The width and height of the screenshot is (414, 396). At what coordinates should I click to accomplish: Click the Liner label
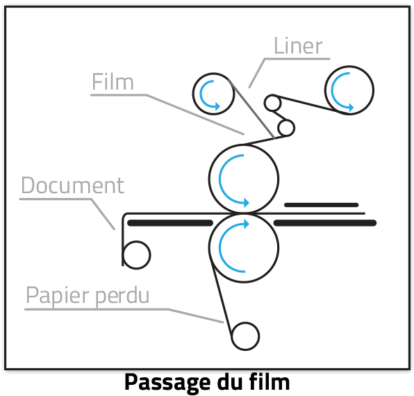(x=298, y=46)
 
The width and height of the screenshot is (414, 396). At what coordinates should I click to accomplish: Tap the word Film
(x=113, y=82)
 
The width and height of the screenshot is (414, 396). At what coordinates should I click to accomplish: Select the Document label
(x=73, y=185)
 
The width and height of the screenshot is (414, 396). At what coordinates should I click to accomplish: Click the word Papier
(x=58, y=296)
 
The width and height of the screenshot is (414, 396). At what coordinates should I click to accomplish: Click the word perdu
(x=122, y=296)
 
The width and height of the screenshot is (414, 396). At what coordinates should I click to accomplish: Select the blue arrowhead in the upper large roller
(x=246, y=202)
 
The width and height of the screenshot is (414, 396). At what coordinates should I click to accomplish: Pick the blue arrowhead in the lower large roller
(x=246, y=224)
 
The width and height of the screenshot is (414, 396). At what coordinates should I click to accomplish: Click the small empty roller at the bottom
(x=245, y=336)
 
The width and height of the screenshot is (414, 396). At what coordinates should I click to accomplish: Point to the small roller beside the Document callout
(x=137, y=255)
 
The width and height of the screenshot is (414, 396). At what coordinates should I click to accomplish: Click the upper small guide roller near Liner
(x=272, y=103)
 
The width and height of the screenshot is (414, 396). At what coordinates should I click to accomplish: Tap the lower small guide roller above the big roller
(x=286, y=128)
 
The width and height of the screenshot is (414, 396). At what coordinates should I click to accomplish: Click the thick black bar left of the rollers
(x=170, y=223)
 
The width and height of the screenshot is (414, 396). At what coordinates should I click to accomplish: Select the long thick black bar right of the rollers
(x=325, y=223)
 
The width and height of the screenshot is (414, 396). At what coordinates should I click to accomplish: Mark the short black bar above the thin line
(x=322, y=205)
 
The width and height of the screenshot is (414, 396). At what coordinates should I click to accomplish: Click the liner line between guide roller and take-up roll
(x=306, y=104)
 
